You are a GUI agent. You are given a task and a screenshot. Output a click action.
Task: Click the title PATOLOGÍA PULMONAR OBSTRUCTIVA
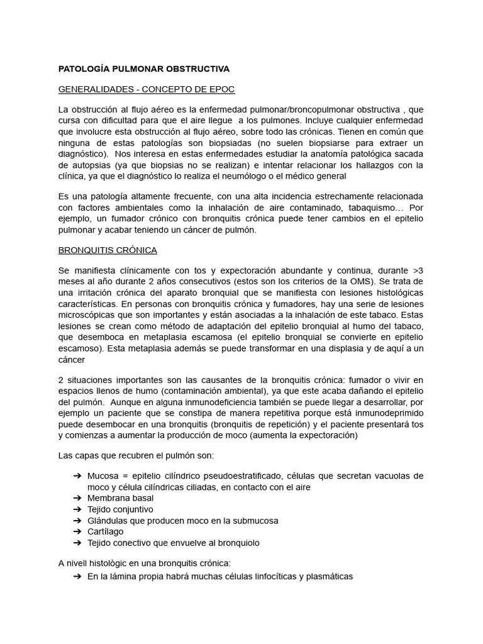pyautogui.click(x=144, y=68)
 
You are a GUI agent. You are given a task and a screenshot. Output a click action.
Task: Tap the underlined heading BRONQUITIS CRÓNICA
pyautogui.click(x=108, y=250)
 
